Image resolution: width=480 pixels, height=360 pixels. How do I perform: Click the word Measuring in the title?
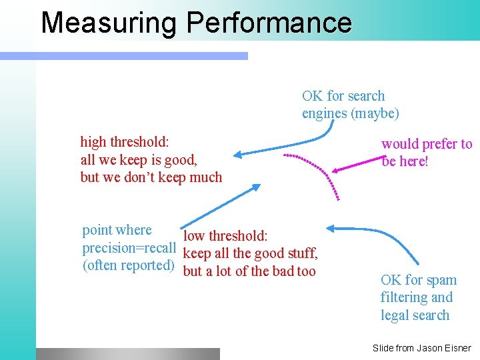109,22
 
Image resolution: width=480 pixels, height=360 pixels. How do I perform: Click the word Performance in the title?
269,22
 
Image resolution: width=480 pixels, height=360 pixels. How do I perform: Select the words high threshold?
125,141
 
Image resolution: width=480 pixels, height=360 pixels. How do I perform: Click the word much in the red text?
205,177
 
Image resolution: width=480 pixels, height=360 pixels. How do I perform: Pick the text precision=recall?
129,248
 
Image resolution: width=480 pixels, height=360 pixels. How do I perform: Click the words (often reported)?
128,265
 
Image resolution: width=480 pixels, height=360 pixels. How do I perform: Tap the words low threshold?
225,236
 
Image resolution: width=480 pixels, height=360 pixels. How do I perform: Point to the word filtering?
405,297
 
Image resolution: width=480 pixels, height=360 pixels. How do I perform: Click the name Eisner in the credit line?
456,348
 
